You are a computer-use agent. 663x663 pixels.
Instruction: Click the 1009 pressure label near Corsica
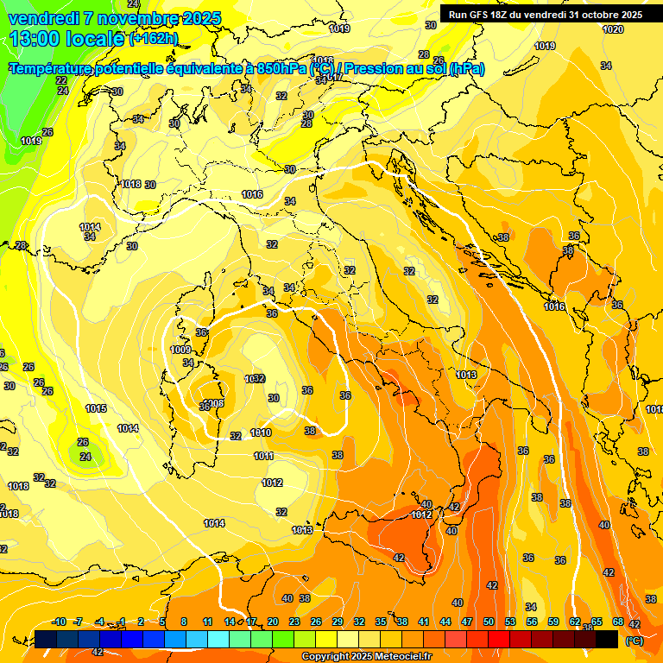pyautogui.click(x=181, y=350)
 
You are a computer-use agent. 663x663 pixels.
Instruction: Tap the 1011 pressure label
pyautogui.click(x=264, y=456)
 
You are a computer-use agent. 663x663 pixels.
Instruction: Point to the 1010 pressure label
pyautogui.click(x=261, y=433)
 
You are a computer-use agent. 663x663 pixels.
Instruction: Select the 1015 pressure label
pyautogui.click(x=96, y=408)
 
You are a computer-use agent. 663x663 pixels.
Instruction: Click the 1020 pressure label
pyautogui.click(x=613, y=29)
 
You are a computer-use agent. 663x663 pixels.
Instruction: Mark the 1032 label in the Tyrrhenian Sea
pyautogui.click(x=255, y=378)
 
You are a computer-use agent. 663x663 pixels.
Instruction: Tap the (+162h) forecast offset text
pyautogui.click(x=154, y=38)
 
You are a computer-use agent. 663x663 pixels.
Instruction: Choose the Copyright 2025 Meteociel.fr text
pyautogui.click(x=367, y=656)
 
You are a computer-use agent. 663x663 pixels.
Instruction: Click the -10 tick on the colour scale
pyautogui.click(x=60, y=622)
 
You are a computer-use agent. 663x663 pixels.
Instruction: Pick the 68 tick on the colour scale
pyautogui.click(x=618, y=622)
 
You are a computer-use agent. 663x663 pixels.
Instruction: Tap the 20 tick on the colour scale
pyautogui.click(x=273, y=622)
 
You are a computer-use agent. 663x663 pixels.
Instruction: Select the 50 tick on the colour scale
pyautogui.click(x=489, y=622)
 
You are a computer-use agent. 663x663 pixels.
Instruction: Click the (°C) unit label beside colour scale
pyautogui.click(x=634, y=641)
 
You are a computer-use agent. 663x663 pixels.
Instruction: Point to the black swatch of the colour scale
pyautogui.click(x=607, y=639)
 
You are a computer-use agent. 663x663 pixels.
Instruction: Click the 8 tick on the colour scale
pyautogui.click(x=184, y=622)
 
